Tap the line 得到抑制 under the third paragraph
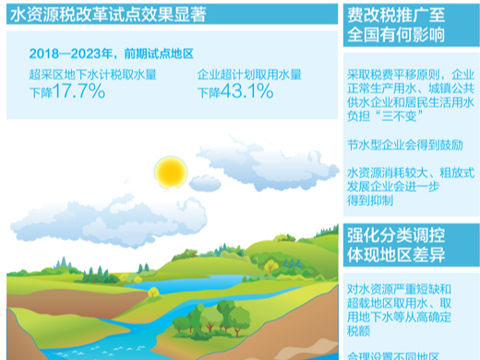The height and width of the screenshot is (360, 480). [x=369, y=200]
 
